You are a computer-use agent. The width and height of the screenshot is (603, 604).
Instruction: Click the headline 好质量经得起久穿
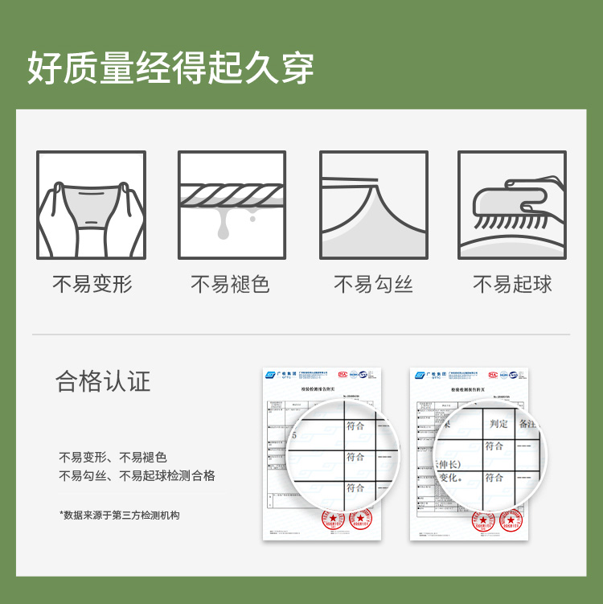(170, 68)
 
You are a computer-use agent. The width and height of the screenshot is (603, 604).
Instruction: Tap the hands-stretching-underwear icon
(92, 205)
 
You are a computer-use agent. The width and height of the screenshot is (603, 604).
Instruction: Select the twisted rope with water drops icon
(232, 205)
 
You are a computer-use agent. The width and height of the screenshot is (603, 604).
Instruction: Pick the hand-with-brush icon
(511, 205)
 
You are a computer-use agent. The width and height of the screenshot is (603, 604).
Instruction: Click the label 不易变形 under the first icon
(92, 284)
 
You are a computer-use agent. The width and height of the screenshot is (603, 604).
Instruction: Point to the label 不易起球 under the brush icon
(512, 284)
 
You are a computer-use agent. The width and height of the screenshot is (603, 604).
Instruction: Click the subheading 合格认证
(103, 380)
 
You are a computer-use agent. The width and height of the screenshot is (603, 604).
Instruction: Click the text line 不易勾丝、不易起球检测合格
(137, 476)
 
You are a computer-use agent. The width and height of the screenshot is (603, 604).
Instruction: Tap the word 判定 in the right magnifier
(498, 423)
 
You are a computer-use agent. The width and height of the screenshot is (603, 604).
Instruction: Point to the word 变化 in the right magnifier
(453, 477)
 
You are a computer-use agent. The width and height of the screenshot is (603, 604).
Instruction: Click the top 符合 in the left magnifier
(355, 425)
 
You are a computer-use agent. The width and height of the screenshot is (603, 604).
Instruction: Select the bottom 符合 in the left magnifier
(355, 487)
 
